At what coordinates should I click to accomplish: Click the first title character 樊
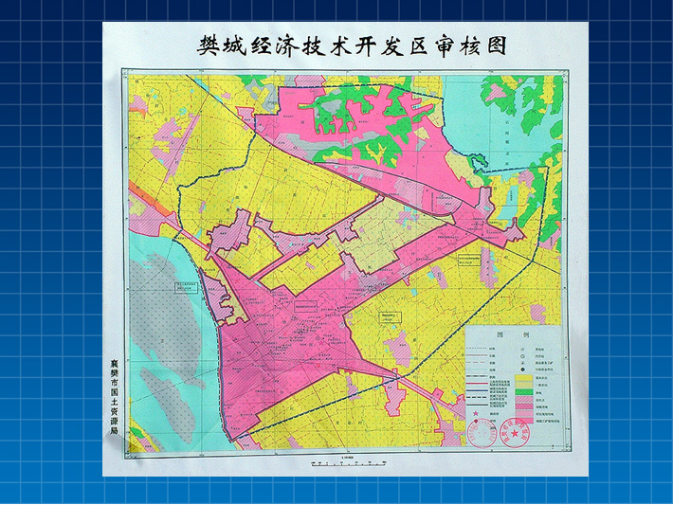[x=209, y=46]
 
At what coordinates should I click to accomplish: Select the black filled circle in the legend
[x=523, y=366]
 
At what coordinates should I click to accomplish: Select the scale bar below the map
[x=345, y=464]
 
